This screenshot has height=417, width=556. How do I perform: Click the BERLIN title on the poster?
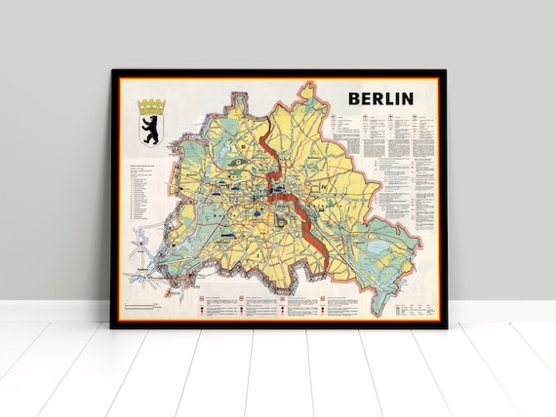coord(381,97)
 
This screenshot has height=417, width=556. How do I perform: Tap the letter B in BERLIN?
coord(356,97)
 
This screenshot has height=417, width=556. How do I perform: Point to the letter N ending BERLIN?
coord(407,97)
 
